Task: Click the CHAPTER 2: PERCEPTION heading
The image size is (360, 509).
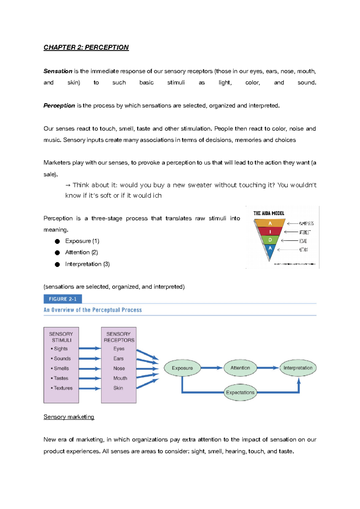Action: click(x=86, y=47)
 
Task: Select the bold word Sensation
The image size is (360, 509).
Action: click(x=58, y=71)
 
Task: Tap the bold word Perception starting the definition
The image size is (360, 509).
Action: click(x=59, y=106)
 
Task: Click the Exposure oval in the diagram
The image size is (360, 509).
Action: click(x=182, y=368)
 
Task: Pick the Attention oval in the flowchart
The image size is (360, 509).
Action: click(x=240, y=368)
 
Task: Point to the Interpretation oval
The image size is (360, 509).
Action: click(x=298, y=368)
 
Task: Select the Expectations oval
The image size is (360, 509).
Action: click(x=240, y=392)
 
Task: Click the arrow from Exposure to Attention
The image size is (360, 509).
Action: click(x=211, y=368)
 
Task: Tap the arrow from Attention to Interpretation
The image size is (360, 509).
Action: click(x=268, y=368)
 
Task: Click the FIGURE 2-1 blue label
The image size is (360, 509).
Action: click(x=63, y=299)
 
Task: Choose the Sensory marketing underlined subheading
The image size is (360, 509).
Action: click(x=69, y=417)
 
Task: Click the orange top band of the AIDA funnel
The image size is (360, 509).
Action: click(x=270, y=223)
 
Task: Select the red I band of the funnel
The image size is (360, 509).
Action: click(x=270, y=232)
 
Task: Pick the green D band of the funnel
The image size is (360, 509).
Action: click(x=270, y=240)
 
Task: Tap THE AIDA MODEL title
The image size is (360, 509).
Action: click(x=269, y=213)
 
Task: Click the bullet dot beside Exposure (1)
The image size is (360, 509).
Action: click(x=57, y=241)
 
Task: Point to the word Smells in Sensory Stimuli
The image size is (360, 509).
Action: click(x=61, y=368)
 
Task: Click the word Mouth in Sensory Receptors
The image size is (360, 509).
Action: click(x=120, y=378)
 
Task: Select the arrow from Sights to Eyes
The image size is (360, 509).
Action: click(x=90, y=348)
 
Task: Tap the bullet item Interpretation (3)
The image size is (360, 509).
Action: click(x=87, y=264)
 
